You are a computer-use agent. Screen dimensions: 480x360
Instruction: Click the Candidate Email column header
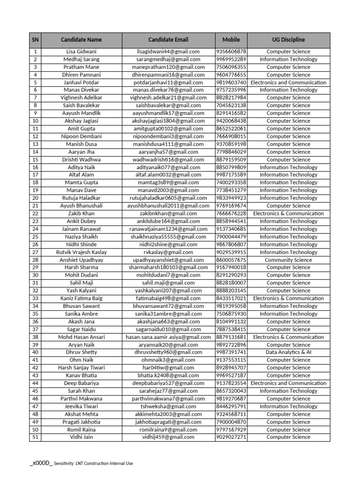(168, 40)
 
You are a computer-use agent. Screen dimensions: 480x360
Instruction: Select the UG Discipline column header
(288, 40)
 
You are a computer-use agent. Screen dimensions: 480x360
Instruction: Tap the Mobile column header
(231, 40)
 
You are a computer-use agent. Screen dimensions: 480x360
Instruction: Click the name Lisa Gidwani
(81, 52)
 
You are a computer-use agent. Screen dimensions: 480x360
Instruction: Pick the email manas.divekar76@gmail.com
(168, 90)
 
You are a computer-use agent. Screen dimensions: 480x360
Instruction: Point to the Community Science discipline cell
(288, 260)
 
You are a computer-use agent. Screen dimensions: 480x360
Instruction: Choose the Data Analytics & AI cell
(288, 352)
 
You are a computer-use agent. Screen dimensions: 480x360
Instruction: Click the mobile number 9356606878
(231, 52)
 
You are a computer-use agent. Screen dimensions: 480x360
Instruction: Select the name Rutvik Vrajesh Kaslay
(81, 252)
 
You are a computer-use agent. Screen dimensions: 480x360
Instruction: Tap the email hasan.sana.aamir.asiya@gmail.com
(168, 337)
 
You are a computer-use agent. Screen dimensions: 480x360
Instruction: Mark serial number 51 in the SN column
(35, 437)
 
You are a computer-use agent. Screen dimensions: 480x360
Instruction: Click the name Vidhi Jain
(81, 437)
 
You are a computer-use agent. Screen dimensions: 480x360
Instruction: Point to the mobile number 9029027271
(231, 437)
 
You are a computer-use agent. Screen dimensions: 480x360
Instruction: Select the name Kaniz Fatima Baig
(81, 298)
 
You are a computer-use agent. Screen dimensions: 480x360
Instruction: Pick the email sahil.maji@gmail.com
(168, 283)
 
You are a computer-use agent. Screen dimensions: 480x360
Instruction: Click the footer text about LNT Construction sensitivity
(93, 464)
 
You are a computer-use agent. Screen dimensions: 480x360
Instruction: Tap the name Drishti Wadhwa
(81, 159)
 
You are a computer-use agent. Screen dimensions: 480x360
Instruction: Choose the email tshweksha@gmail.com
(168, 406)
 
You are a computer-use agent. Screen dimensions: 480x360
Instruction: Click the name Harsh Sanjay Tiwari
(81, 367)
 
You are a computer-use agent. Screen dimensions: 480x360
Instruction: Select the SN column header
(35, 40)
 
